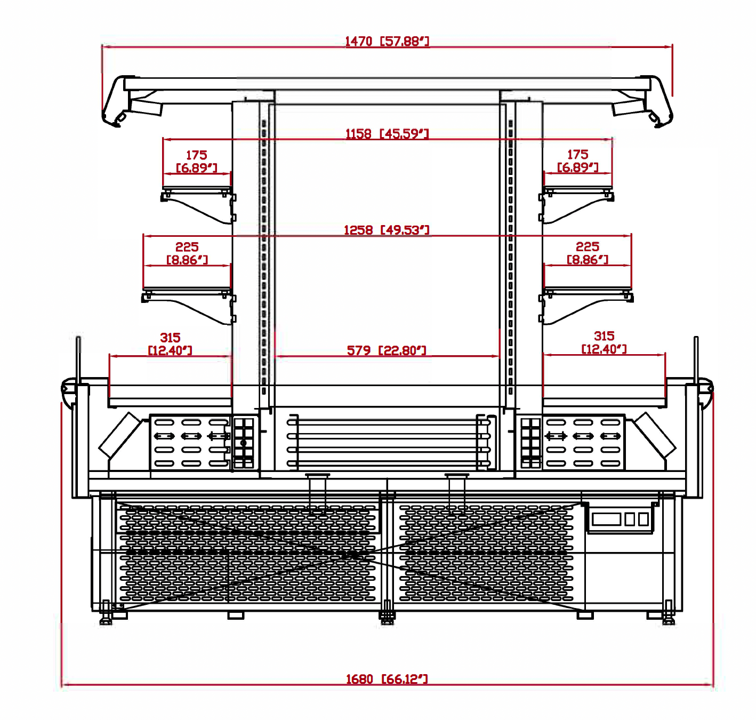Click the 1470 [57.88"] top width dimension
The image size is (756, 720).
[x=387, y=41]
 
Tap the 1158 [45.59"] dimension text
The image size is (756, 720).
[x=387, y=133]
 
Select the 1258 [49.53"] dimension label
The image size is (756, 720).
[x=387, y=230]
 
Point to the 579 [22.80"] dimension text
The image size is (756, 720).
[x=387, y=350]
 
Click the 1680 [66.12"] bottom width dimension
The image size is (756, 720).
[x=387, y=679]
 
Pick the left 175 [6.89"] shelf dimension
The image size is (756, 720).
[x=196, y=161]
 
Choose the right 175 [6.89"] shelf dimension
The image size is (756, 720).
[x=577, y=161]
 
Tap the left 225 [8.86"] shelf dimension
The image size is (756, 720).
[x=187, y=253]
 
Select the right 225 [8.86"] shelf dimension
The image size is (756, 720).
[x=587, y=253]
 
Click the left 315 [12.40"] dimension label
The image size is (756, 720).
[x=170, y=344]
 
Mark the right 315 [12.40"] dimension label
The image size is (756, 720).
[x=604, y=342]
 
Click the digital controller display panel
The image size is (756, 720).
[x=620, y=519]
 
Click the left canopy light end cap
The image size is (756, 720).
[x=118, y=101]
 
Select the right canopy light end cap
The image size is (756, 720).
[x=657, y=101]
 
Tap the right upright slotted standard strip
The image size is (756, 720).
[x=510, y=256]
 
